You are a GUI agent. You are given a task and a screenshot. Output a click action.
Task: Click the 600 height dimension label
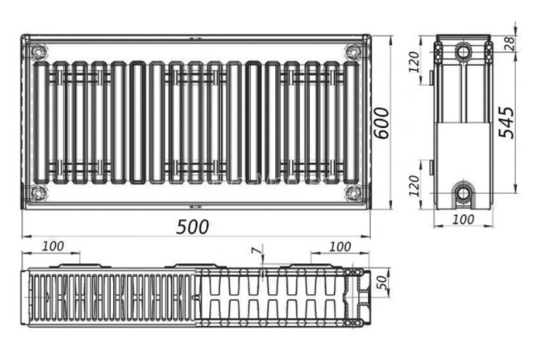click(x=382, y=123)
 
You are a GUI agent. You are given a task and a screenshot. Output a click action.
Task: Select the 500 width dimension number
click(x=193, y=227)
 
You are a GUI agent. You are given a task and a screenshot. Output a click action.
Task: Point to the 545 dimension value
click(x=507, y=122)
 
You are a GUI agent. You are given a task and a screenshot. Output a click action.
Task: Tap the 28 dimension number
click(x=510, y=42)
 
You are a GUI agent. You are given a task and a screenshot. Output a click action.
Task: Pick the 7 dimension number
click(x=256, y=251)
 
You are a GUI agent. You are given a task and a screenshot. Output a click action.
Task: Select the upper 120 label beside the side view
click(x=414, y=62)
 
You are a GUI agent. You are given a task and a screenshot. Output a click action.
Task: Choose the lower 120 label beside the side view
click(x=414, y=185)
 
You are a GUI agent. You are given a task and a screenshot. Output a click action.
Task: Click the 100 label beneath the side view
click(x=464, y=219)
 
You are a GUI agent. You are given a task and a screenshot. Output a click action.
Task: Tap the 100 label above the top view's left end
click(x=53, y=246)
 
